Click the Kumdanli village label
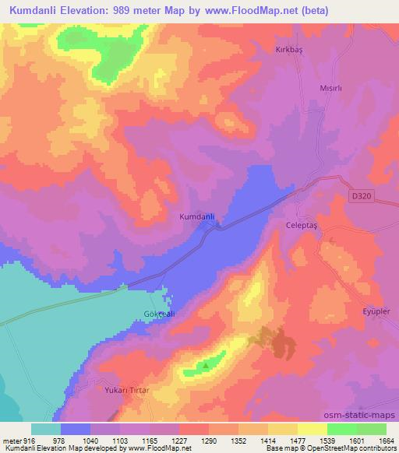pos(196,216)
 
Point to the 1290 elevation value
pos(210,440)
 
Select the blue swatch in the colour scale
pos(76,429)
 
